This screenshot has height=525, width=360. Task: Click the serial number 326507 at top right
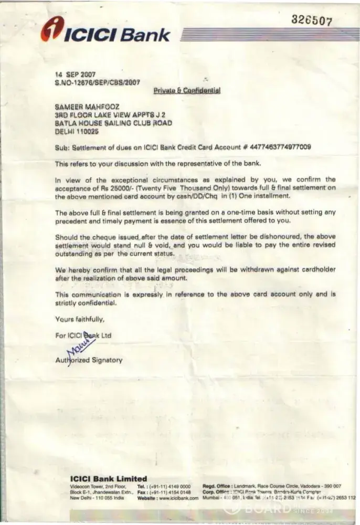coord(313,20)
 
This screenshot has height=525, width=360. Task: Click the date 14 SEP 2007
coord(72,75)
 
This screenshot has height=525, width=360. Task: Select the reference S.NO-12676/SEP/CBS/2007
coord(98,82)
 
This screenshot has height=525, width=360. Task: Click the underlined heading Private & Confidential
coord(186,90)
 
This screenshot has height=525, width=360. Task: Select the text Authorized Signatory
coord(89,360)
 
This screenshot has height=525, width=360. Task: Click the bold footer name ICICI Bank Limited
coord(109,478)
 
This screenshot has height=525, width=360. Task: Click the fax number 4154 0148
coord(178,492)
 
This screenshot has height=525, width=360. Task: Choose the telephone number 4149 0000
coord(178,486)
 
